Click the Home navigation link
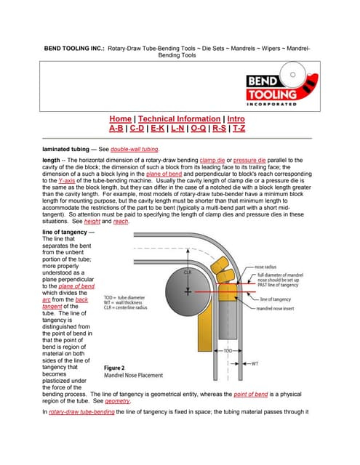121,118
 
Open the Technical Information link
179,118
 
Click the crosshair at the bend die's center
188,291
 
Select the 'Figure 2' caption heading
118,368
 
